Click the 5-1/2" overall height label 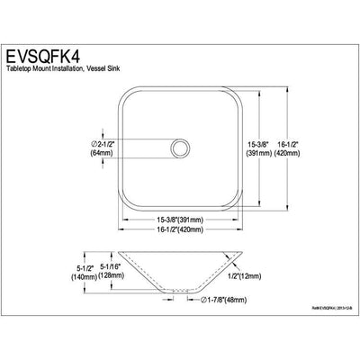(47, 267)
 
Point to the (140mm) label (47, 277)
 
